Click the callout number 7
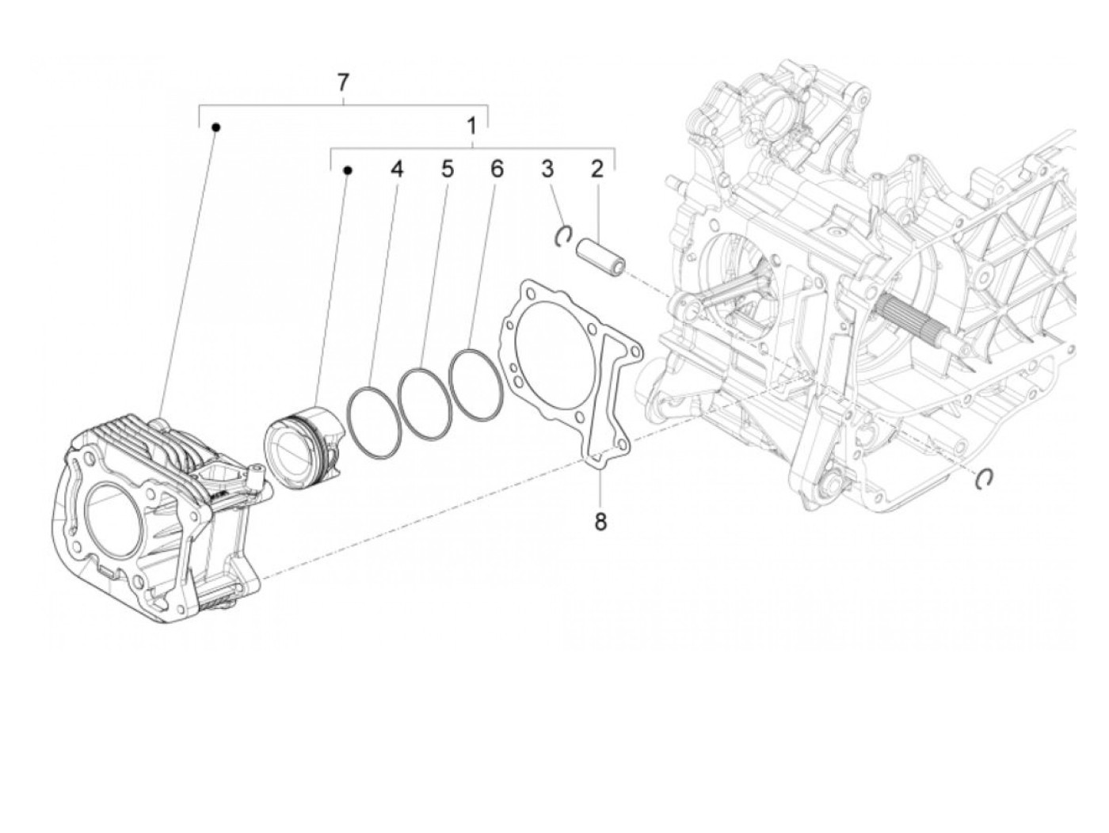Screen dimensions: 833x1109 click(342, 82)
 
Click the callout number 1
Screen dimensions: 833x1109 click(472, 126)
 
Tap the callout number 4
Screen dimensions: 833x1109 click(396, 169)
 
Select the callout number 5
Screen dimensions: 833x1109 click(448, 169)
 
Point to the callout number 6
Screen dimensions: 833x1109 click(497, 169)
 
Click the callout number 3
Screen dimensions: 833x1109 click(547, 169)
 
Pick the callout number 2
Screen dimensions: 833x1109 click(596, 169)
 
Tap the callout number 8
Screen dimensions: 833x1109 click(600, 522)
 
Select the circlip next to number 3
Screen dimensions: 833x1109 click(563, 235)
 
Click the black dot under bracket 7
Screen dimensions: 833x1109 click(215, 127)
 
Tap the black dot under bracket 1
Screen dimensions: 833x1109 click(347, 169)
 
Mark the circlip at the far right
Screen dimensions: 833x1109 click(985, 477)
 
